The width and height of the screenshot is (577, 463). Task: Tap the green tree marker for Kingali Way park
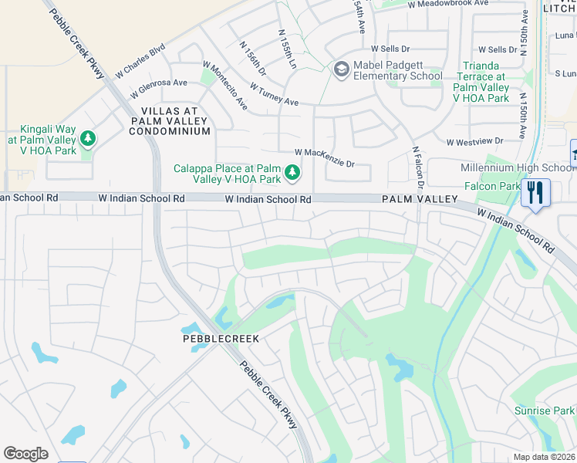click(x=89, y=139)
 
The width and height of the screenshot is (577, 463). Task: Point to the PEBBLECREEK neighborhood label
click(x=220, y=339)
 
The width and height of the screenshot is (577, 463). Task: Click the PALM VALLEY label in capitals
click(x=416, y=199)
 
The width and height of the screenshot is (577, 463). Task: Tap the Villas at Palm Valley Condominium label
click(x=170, y=121)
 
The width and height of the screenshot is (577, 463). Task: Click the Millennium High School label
click(x=517, y=168)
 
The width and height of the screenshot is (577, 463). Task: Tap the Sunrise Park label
click(x=544, y=411)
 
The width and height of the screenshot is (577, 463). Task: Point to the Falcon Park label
click(x=492, y=186)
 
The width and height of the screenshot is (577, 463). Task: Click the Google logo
click(x=25, y=454)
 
